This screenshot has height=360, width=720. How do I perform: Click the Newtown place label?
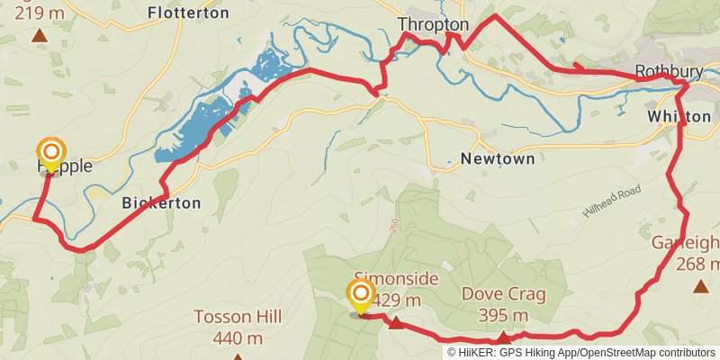498,158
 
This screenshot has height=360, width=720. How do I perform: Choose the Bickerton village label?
161,203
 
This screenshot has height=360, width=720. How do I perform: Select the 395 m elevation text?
502,315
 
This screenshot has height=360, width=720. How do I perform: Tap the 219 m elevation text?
39,13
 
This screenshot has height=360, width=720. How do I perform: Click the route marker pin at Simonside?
361,296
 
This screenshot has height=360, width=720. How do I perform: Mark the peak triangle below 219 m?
39,36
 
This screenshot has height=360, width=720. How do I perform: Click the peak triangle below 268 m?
700,286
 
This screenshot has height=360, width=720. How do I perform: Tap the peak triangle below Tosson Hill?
238,356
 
